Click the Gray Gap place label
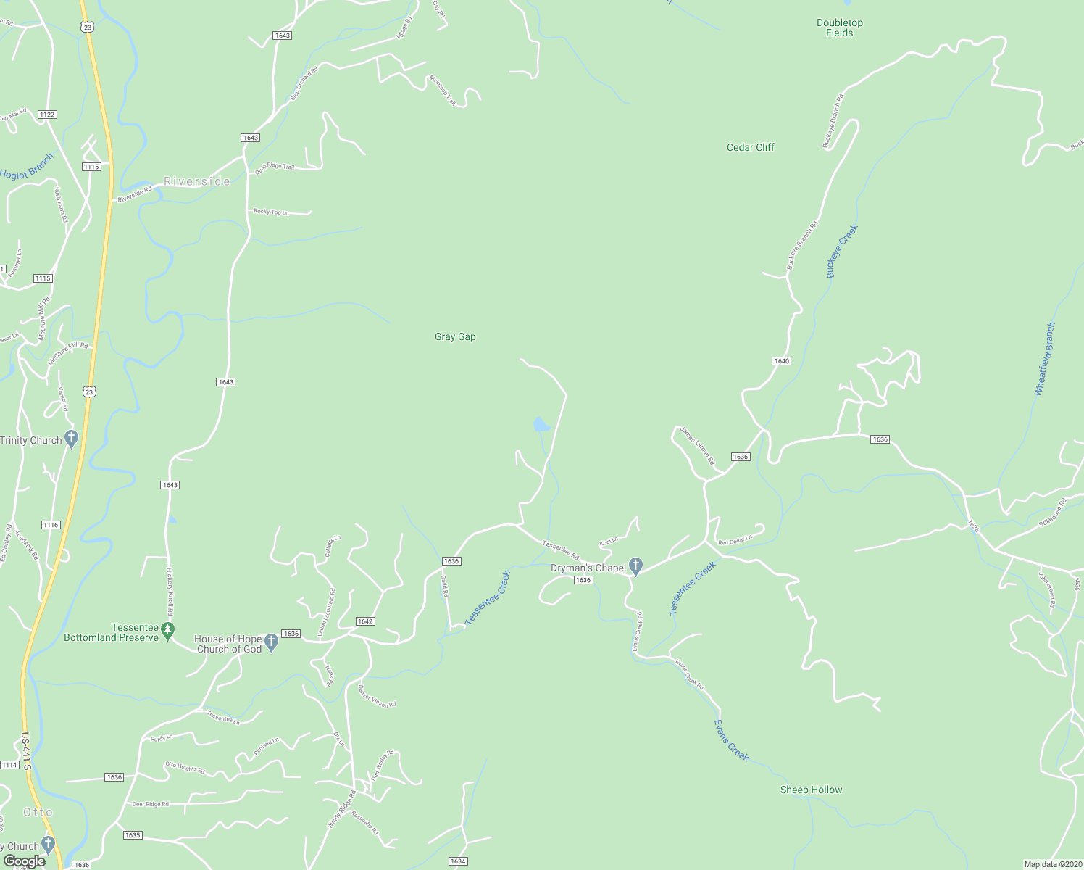pyautogui.click(x=455, y=336)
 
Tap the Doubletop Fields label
pyautogui.click(x=839, y=28)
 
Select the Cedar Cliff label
pyautogui.click(x=750, y=147)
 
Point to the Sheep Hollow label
pyautogui.click(x=811, y=790)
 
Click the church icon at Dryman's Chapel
pyautogui.click(x=635, y=566)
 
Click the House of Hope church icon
pyautogui.click(x=271, y=642)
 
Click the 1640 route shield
pyautogui.click(x=781, y=361)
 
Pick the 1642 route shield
pyautogui.click(x=364, y=621)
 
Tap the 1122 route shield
pyautogui.click(x=47, y=115)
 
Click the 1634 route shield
pyautogui.click(x=457, y=861)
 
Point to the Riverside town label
pyautogui.click(x=197, y=181)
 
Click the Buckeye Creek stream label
pyautogui.click(x=841, y=251)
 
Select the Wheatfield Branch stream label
pyautogui.click(x=1044, y=359)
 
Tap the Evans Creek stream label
pyautogui.click(x=730, y=739)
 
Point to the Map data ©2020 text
pyautogui.click(x=1051, y=864)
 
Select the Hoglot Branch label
pyautogui.click(x=27, y=168)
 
